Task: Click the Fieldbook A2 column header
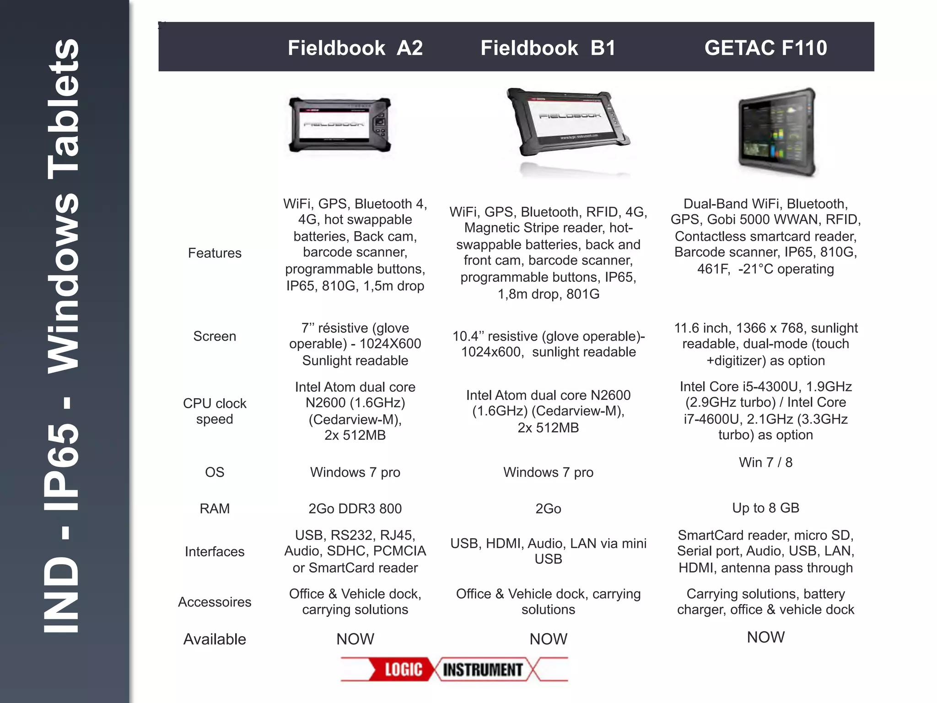355,48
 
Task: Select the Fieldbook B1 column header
548,48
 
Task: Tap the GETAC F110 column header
765,48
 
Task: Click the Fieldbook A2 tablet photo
340,125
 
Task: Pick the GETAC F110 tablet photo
777,132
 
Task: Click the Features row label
215,253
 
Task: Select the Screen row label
215,336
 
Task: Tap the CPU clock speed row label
215,411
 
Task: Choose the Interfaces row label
215,552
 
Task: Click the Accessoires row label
215,602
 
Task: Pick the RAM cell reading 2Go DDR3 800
355,508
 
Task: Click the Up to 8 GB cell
765,508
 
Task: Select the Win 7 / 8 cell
765,462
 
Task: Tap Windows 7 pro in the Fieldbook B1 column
548,472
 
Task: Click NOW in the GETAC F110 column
765,637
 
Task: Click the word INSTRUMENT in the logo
483,670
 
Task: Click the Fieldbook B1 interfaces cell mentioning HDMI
548,551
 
